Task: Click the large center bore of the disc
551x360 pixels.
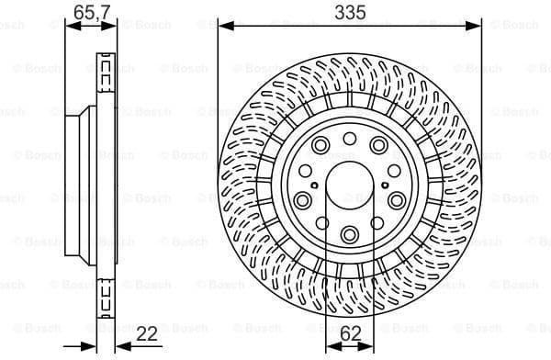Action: point(350,183)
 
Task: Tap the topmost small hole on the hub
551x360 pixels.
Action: point(350,138)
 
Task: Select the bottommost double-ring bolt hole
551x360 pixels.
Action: point(350,235)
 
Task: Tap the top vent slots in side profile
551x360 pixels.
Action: point(105,69)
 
